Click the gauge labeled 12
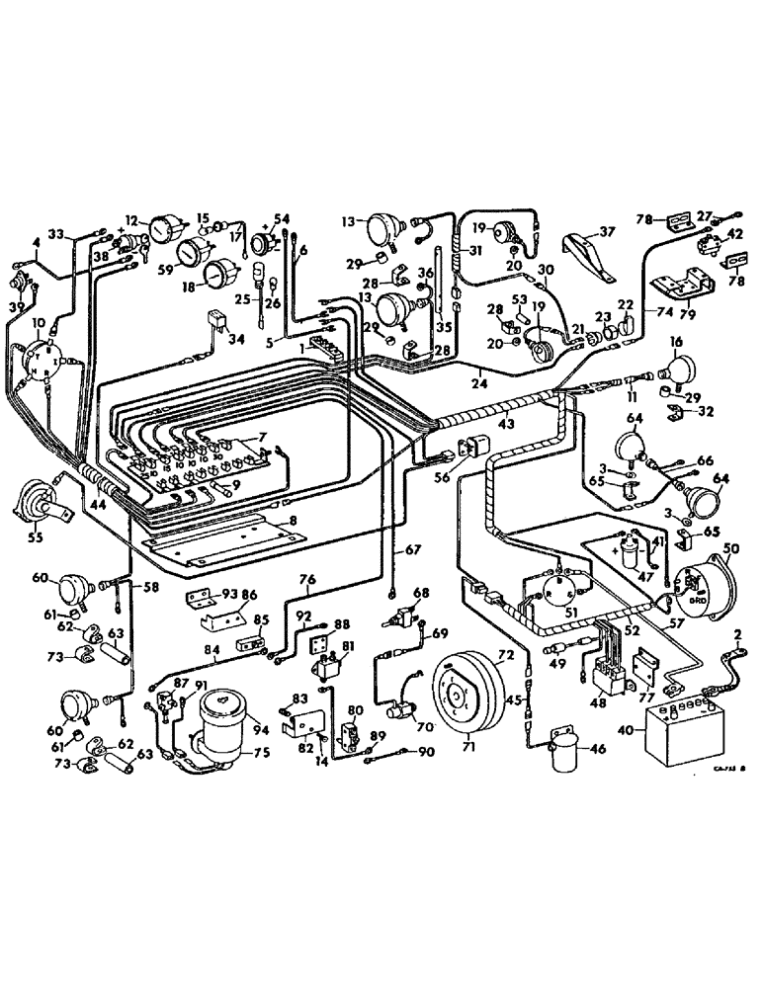[x=159, y=231]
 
